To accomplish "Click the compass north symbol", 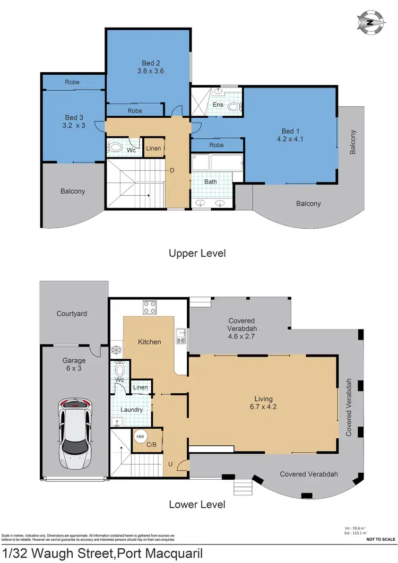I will pyautogui.click(x=370, y=22).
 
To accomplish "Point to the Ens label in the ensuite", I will pyautogui.click(x=218, y=105).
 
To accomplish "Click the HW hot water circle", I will pyautogui.click(x=141, y=437).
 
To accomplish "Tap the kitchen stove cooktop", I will pyautogui.click(x=149, y=307).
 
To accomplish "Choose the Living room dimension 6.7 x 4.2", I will pyautogui.click(x=263, y=408).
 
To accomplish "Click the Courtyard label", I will pyautogui.click(x=72, y=314).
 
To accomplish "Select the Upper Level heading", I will pyautogui.click(x=197, y=254).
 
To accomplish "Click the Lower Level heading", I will pyautogui.click(x=197, y=504).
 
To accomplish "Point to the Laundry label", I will pyautogui.click(x=132, y=410).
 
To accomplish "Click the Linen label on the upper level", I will pyautogui.click(x=153, y=148).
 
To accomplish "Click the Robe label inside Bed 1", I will pyautogui.click(x=217, y=145).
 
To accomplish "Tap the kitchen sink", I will pyautogui.click(x=181, y=336).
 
